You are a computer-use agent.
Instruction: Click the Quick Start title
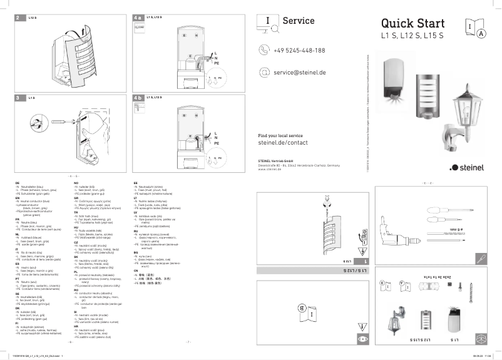point(412,24)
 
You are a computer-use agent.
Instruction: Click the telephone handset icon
point(264,50)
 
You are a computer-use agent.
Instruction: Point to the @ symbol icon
point(264,73)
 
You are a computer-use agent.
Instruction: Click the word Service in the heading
point(299,21)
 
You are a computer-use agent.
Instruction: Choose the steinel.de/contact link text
point(283,143)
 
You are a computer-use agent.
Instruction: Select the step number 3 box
point(19,98)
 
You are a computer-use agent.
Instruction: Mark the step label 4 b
point(138,98)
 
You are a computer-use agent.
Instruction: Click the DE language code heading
point(17,182)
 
